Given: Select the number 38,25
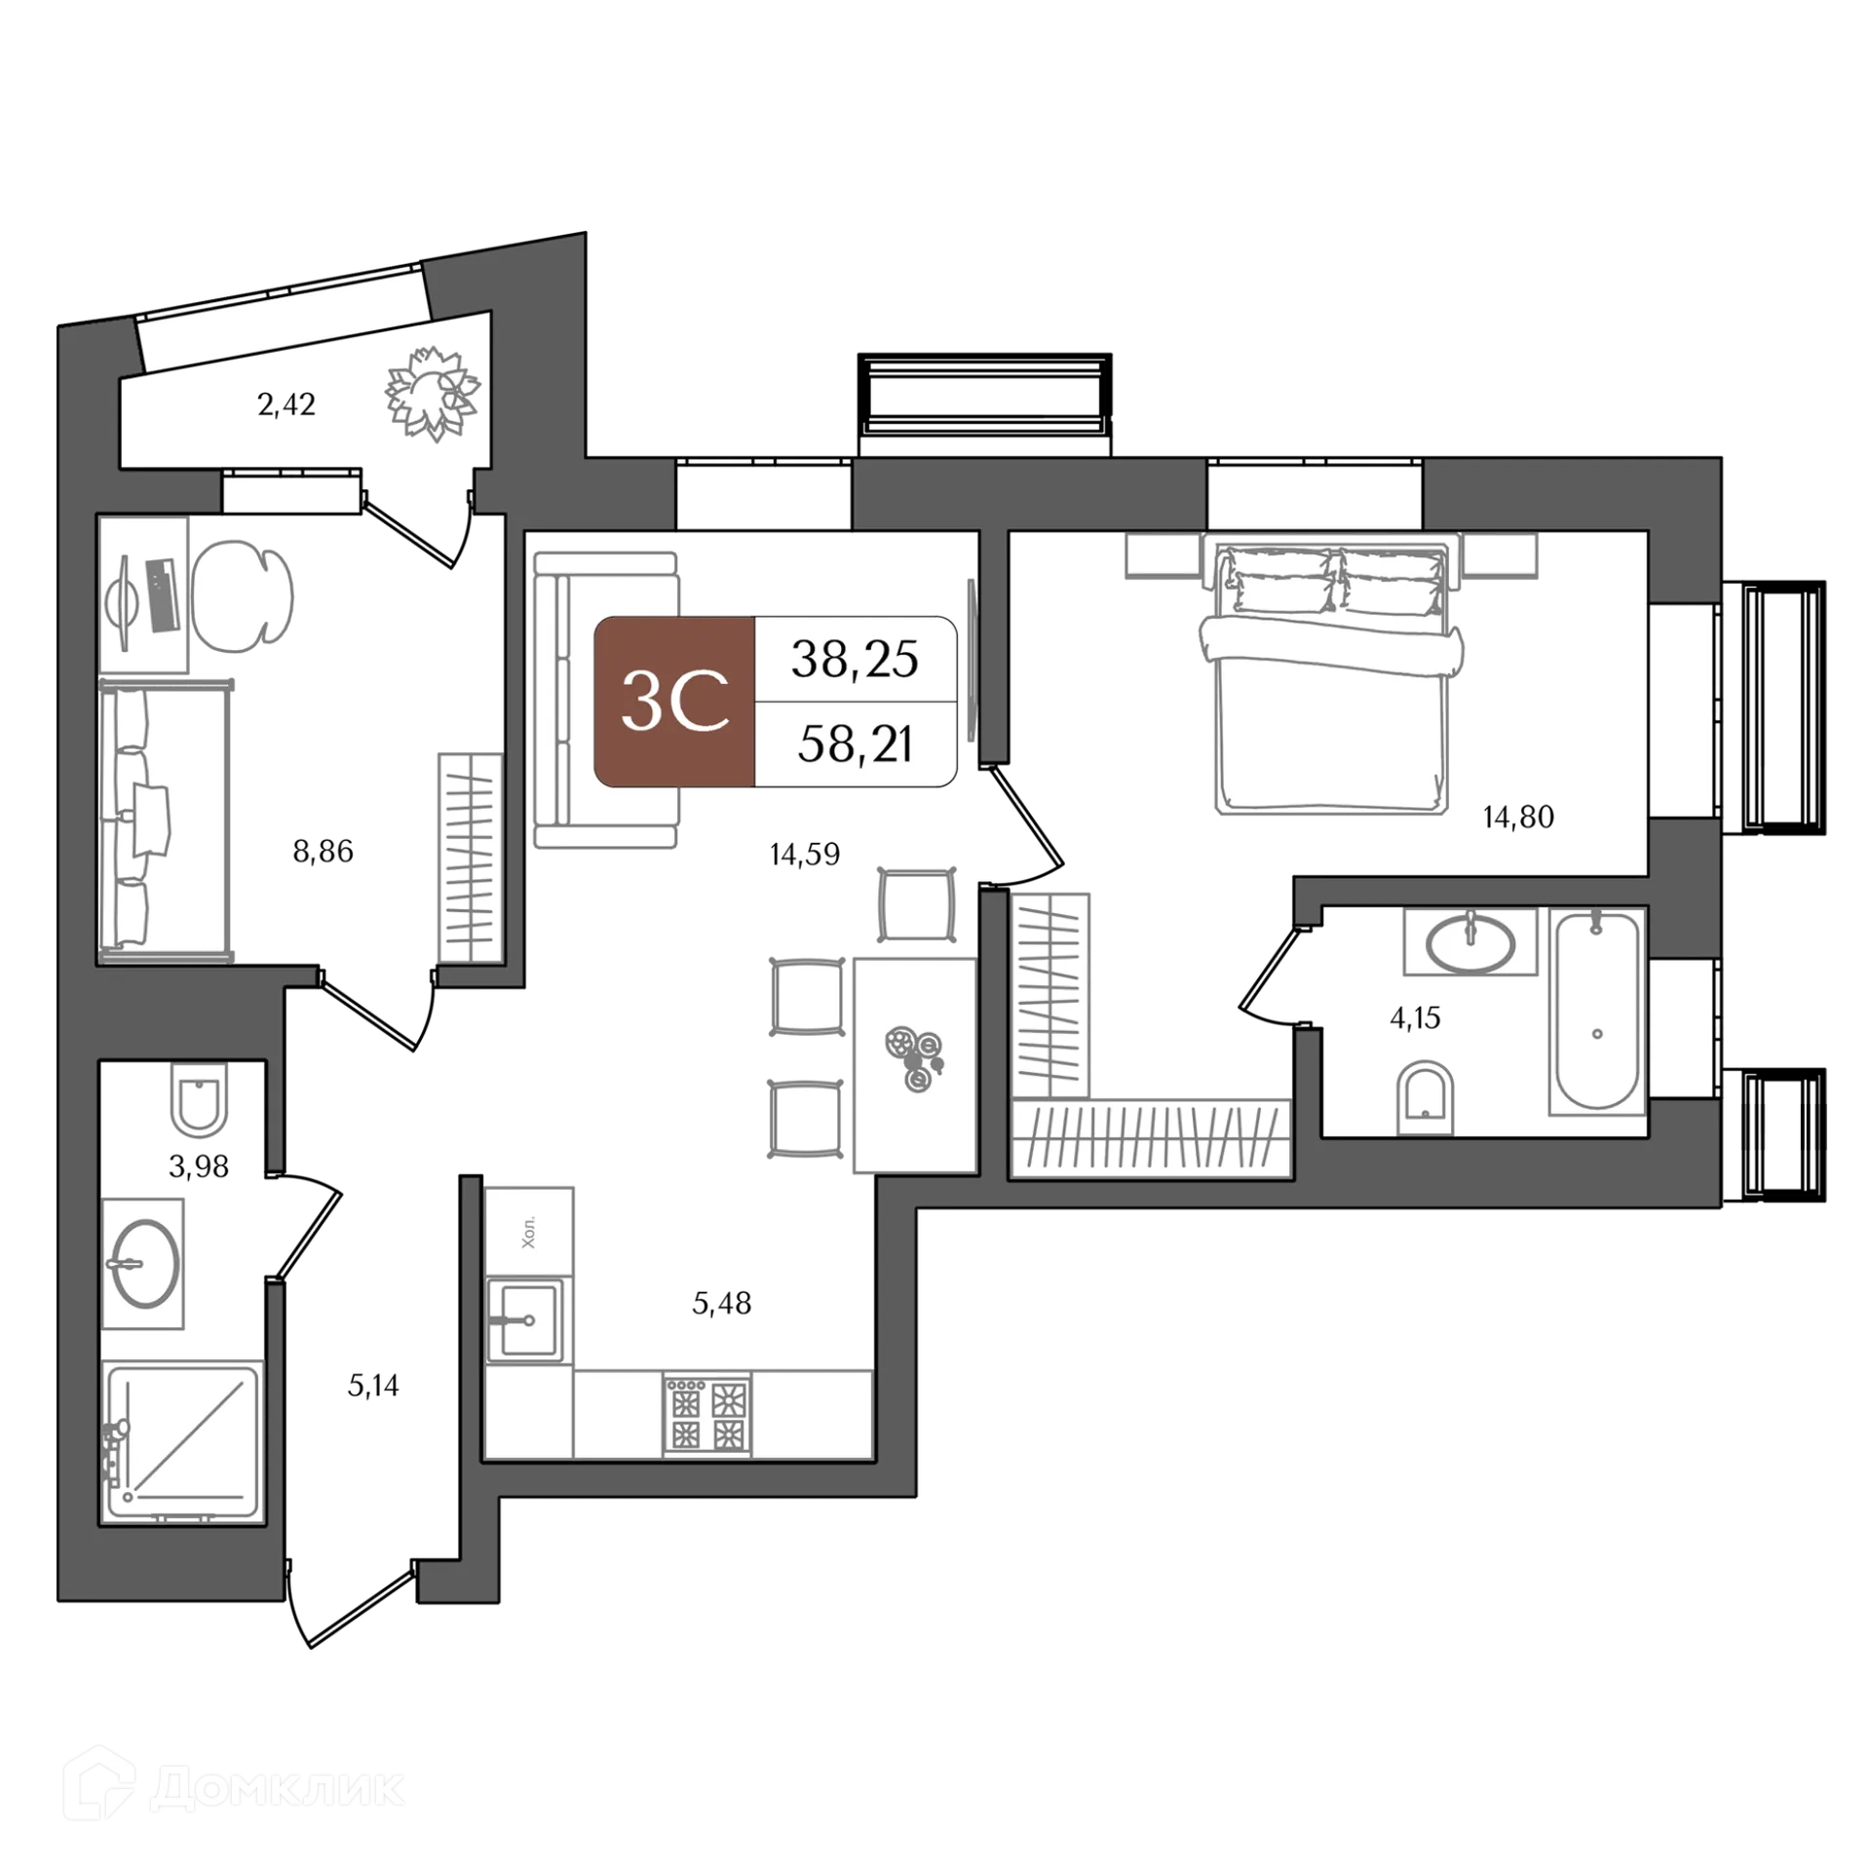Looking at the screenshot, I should (x=855, y=660).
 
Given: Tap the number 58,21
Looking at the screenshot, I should (x=855, y=745).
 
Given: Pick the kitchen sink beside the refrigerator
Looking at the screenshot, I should (x=527, y=1320).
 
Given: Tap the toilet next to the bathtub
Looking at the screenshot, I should (x=1425, y=1095).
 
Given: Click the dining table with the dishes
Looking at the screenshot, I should (x=914, y=1064).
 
